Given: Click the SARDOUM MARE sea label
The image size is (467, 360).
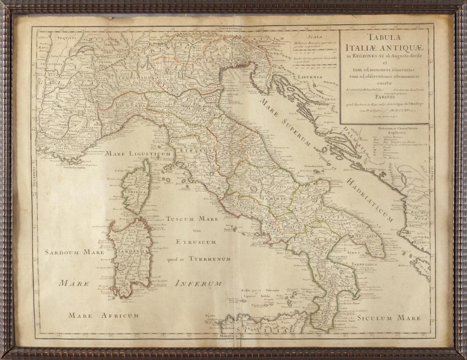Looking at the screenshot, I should (x=74, y=252).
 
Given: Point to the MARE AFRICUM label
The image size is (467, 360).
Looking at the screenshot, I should (x=104, y=315).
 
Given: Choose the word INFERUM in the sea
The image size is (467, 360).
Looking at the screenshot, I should (x=198, y=283).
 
